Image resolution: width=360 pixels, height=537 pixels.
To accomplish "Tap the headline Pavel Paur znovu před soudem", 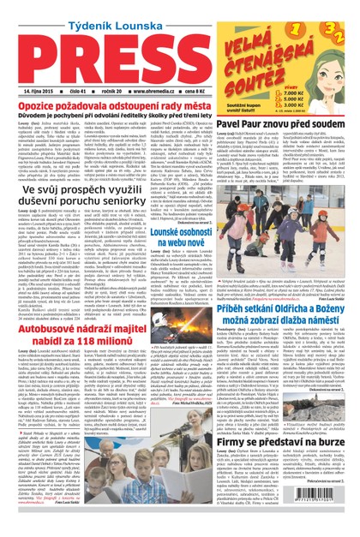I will pos(295,134).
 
